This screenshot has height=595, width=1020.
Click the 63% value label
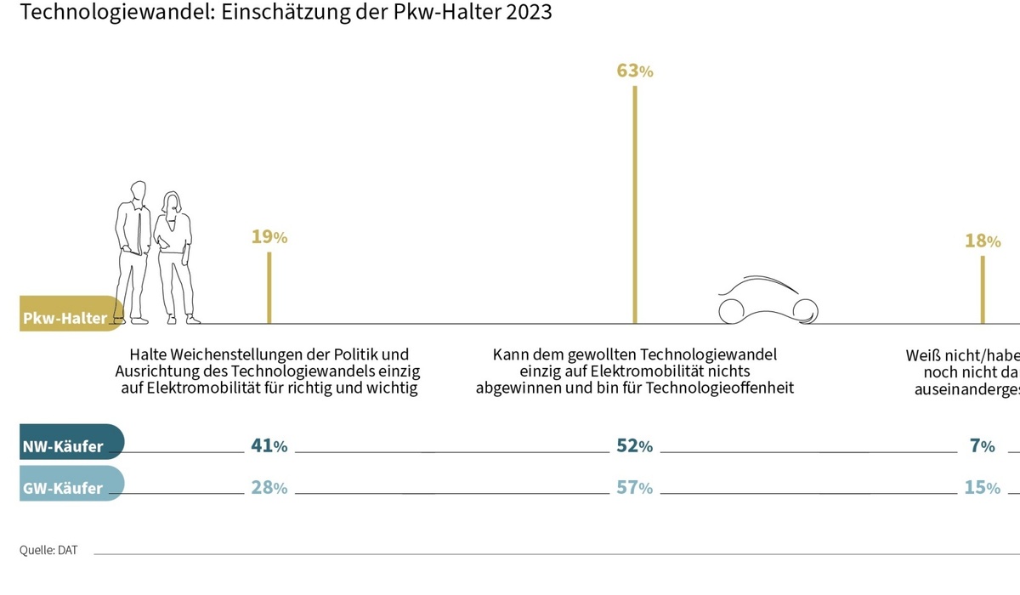[x=634, y=71]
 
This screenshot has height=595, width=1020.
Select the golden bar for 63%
[x=634, y=204]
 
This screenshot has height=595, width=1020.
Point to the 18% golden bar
[x=983, y=289]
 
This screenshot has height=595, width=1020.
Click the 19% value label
[x=269, y=237]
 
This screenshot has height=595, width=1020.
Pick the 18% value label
[x=983, y=241]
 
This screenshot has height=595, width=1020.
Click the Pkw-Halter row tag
[x=68, y=317]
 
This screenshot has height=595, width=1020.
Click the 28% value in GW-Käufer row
[x=269, y=488]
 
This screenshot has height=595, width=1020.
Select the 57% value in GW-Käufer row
[x=634, y=488]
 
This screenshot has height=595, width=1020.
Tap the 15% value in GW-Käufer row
[x=983, y=488]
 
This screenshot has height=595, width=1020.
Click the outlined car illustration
[x=768, y=302]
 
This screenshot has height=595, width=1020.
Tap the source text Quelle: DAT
[x=48, y=550]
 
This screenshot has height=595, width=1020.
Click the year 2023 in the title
[x=530, y=13]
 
